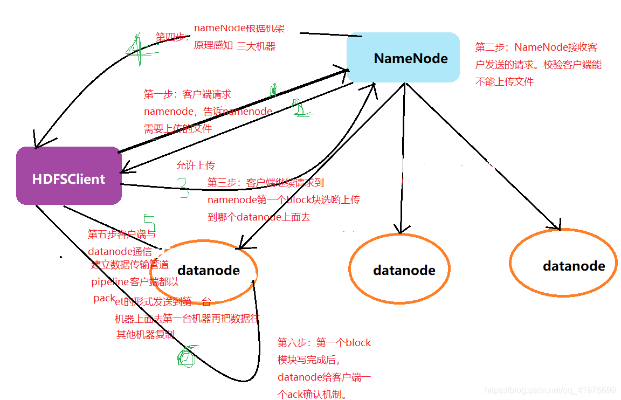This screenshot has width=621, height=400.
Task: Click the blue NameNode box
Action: point(403,58)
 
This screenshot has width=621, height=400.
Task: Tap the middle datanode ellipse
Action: point(399,268)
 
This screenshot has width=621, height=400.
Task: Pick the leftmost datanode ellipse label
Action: point(209,270)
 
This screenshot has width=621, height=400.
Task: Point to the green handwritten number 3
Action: point(183,188)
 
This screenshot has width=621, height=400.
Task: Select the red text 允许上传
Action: point(195,165)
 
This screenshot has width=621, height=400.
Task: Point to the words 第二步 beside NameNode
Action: point(490,47)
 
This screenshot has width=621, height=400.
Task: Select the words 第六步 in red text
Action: point(292,342)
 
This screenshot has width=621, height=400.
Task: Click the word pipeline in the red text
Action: point(110,281)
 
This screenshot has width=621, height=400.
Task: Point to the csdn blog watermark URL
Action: point(550,390)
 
